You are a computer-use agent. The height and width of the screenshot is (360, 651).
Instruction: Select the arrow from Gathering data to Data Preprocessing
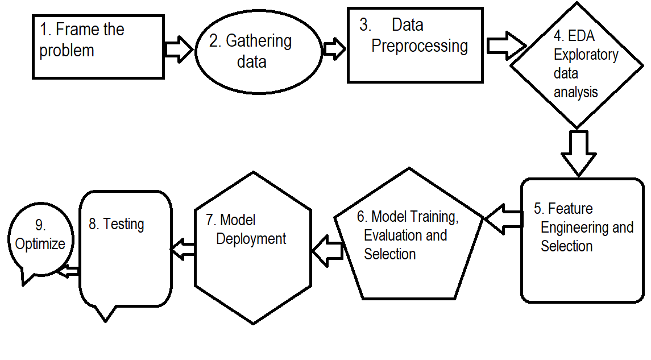pyautogui.click(x=334, y=49)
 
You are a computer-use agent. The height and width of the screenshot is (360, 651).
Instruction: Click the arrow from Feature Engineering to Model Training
pyautogui.click(x=503, y=219)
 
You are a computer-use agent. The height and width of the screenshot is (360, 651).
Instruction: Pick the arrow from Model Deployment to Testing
pyautogui.click(x=183, y=248)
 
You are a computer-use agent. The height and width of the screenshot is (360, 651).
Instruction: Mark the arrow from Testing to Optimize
pyautogui.click(x=69, y=271)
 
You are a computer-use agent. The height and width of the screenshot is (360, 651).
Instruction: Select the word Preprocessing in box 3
pyautogui.click(x=420, y=45)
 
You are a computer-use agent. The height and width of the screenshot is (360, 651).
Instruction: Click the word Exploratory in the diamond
pyautogui.click(x=586, y=55)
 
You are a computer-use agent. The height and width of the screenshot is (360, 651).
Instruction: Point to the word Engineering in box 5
pyautogui.click(x=575, y=227)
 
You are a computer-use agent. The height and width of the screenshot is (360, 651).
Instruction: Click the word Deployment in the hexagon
pyautogui.click(x=251, y=239)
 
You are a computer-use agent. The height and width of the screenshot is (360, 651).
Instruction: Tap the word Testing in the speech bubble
pyautogui.click(x=123, y=224)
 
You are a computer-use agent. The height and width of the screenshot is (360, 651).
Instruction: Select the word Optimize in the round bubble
pyautogui.click(x=40, y=243)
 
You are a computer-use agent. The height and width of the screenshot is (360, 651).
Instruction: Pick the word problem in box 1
pyautogui.click(x=67, y=50)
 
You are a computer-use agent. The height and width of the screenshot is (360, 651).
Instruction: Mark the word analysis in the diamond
pyautogui.click(x=575, y=92)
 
